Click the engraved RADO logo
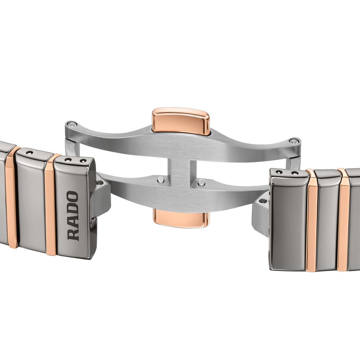coord(73,216)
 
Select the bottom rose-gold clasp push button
coord(181,218)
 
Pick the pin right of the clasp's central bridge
coord(201,182)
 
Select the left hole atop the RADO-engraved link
coord(68,159)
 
